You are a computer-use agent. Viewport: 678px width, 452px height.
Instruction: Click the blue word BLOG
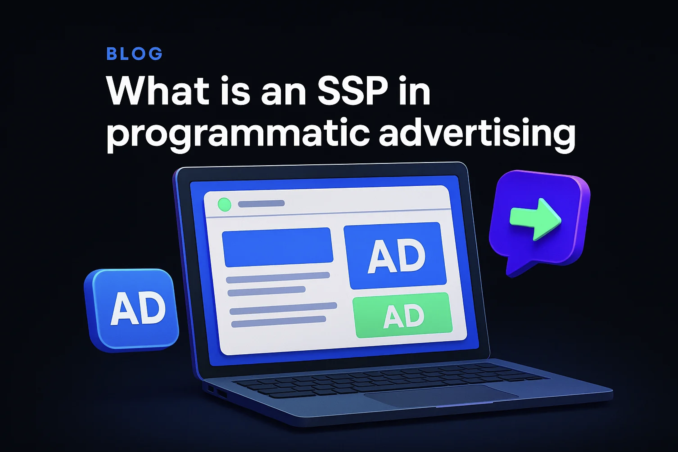tap(134, 54)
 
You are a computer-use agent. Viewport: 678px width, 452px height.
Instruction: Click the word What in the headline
tap(157, 91)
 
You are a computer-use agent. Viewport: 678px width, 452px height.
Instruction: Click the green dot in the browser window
tap(225, 205)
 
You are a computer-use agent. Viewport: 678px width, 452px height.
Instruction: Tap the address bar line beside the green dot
tap(261, 203)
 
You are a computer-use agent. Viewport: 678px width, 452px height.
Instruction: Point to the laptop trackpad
tap(441, 395)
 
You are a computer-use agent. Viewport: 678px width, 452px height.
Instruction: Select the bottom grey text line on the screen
tap(278, 322)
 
